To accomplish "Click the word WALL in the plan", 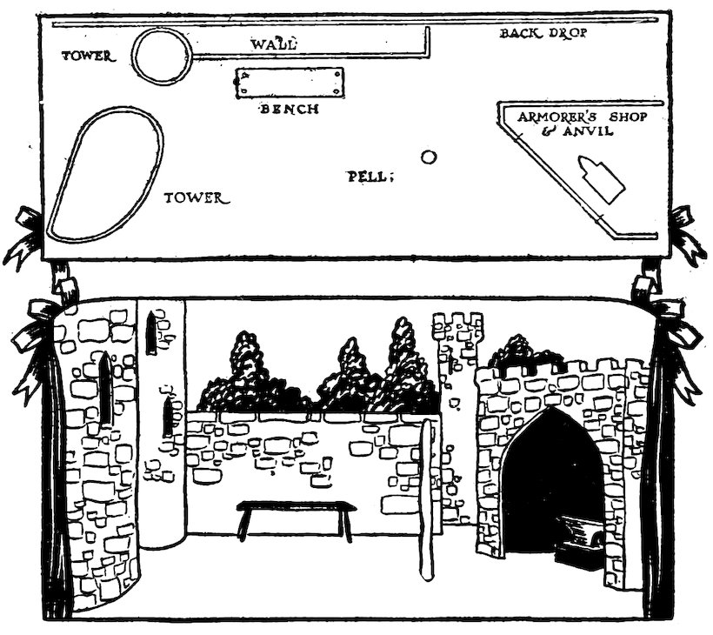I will (275, 43).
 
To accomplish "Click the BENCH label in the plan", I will (290, 110).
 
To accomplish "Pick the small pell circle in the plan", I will (428, 157).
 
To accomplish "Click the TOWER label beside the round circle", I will (89, 57).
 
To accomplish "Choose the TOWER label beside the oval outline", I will (197, 197).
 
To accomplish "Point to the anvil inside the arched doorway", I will (576, 535).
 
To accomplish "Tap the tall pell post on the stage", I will (427, 500).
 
